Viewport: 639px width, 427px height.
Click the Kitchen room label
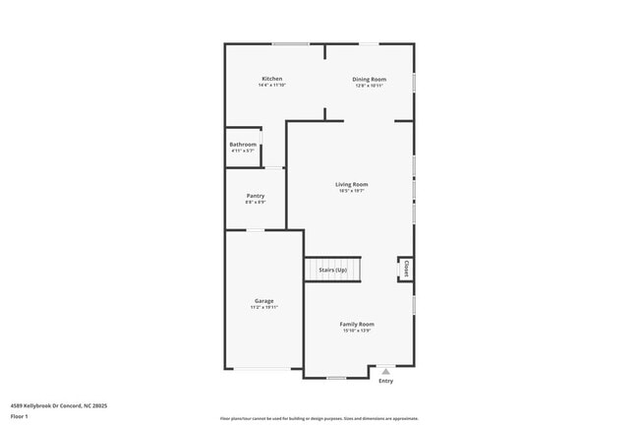coord(271,79)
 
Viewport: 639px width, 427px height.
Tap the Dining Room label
coord(370,79)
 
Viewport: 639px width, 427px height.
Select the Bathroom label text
coord(243,145)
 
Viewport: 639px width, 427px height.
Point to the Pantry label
coord(256,196)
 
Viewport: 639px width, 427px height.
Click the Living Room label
coord(351,184)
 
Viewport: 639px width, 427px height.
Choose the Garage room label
coord(264,301)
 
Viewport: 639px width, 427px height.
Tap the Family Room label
coord(357,324)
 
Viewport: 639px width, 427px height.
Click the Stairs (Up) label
coord(332,270)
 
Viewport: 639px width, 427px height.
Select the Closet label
coord(405,269)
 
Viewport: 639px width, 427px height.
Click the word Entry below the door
coord(385,381)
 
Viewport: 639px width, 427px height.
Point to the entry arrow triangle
coord(385,371)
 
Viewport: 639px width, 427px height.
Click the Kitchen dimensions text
coord(271,86)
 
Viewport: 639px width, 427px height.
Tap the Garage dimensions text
coord(264,308)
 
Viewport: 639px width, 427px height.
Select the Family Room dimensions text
coord(357,331)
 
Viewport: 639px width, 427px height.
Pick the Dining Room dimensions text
coord(370,86)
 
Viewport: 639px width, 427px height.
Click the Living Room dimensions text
coord(351,191)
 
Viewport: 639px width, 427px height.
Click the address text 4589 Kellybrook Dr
coord(59,405)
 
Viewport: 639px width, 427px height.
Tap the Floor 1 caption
coord(20,416)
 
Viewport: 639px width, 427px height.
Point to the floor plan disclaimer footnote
coord(319,418)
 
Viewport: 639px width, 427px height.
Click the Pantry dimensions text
coord(256,203)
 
